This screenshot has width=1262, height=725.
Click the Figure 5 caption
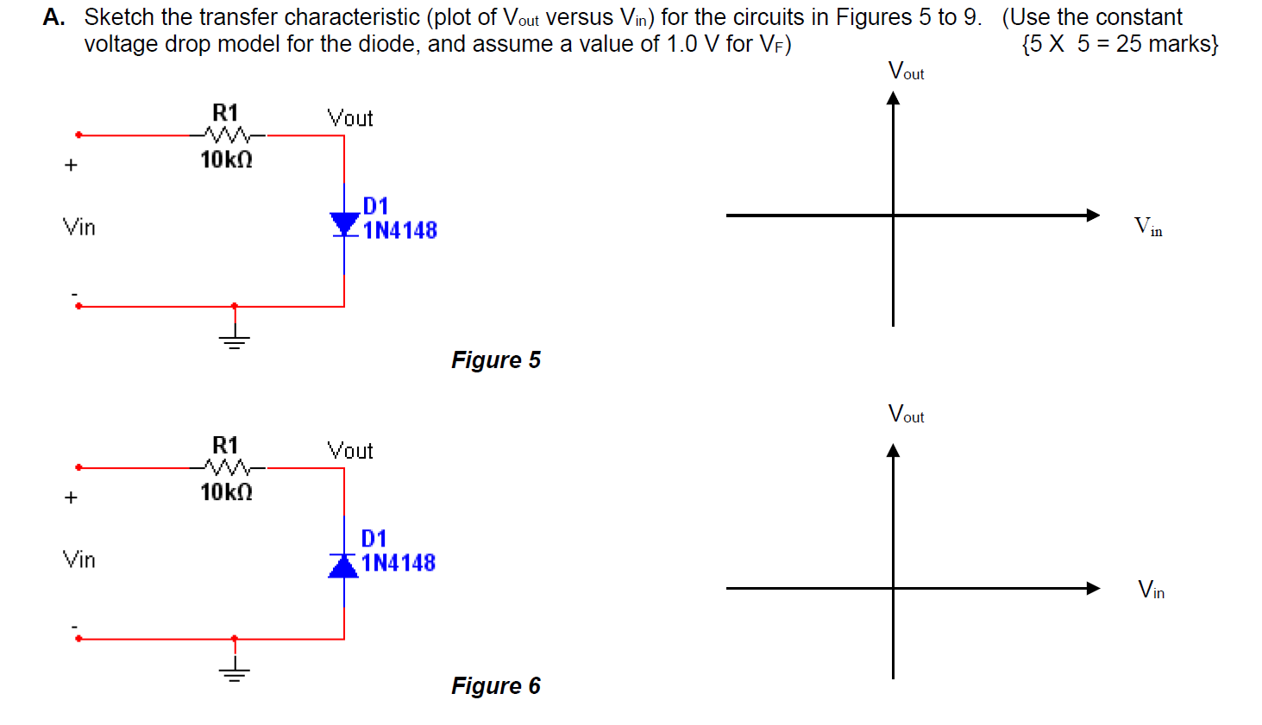[496, 359]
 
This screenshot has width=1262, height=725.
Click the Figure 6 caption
[496, 685]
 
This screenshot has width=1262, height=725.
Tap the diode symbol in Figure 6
[343, 565]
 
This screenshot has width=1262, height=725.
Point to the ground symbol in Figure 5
[234, 338]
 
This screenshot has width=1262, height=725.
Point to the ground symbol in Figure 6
[234, 671]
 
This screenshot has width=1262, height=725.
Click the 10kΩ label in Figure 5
[226, 159]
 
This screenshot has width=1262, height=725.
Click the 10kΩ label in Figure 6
[226, 492]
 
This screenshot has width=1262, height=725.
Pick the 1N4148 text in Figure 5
[400, 230]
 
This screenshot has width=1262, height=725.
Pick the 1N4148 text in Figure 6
[399, 563]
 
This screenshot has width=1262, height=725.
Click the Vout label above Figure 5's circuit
[349, 118]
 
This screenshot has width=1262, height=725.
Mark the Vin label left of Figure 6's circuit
[78, 559]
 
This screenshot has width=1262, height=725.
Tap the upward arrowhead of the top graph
[893, 98]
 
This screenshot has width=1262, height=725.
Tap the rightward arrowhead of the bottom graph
[1093, 588]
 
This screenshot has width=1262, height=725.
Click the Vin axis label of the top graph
[1148, 227]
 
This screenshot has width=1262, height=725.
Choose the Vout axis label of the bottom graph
[906, 415]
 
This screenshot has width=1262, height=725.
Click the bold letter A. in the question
[53, 17]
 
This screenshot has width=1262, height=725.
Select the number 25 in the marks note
[1128, 44]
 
